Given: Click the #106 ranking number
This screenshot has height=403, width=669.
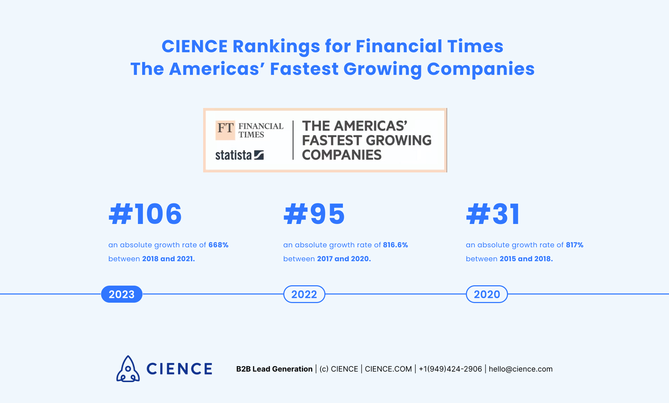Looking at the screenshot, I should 145,214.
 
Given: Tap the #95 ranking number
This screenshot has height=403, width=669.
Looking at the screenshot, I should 314,214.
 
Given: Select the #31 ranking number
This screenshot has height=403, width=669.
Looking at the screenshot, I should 493,214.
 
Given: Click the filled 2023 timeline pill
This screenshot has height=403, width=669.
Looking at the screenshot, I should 122,294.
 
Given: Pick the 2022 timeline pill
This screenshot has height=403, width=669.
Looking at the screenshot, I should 304,294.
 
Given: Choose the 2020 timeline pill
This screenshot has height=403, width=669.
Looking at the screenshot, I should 487,294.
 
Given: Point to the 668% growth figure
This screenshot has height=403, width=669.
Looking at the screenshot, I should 218,245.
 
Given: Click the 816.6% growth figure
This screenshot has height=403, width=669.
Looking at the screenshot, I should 395,245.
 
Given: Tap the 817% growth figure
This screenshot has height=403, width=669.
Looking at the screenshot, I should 575,245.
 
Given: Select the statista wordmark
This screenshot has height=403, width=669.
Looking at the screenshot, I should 233,155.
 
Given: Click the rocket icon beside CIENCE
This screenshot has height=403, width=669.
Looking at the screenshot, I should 128,369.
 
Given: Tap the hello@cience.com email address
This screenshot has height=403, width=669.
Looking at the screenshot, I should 521,369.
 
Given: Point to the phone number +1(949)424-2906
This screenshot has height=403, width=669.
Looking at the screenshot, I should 450,369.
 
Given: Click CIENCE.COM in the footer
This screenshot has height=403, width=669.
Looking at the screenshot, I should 388,369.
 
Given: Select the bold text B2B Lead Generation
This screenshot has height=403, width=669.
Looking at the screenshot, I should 274,369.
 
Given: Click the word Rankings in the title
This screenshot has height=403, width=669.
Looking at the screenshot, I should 276,47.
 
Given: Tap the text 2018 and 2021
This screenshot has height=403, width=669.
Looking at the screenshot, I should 168,259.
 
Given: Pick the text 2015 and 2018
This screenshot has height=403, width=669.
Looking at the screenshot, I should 526,259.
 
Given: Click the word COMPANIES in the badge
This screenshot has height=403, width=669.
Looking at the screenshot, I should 341,155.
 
